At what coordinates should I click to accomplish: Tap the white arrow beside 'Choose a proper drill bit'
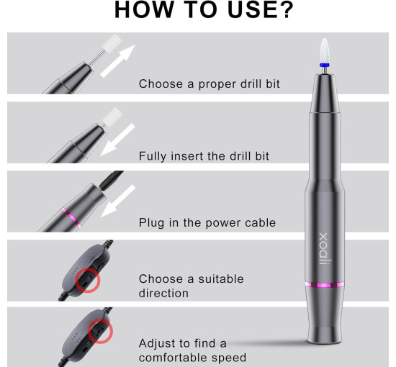click(x=118, y=60)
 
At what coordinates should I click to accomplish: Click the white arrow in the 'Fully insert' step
click(x=117, y=140)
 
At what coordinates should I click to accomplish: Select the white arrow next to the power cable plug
click(x=118, y=201)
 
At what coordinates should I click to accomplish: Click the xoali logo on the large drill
click(x=325, y=248)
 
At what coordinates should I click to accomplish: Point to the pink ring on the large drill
click(x=325, y=285)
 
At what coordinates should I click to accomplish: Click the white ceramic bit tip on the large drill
click(x=324, y=50)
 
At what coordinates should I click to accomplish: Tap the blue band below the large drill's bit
click(x=324, y=65)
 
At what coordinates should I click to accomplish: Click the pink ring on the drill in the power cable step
click(x=71, y=217)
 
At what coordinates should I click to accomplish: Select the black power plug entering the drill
click(x=112, y=180)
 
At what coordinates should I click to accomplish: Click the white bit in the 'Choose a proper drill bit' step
click(x=112, y=42)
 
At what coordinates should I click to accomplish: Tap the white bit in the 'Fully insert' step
click(x=112, y=117)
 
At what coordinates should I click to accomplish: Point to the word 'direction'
click(x=163, y=294)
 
